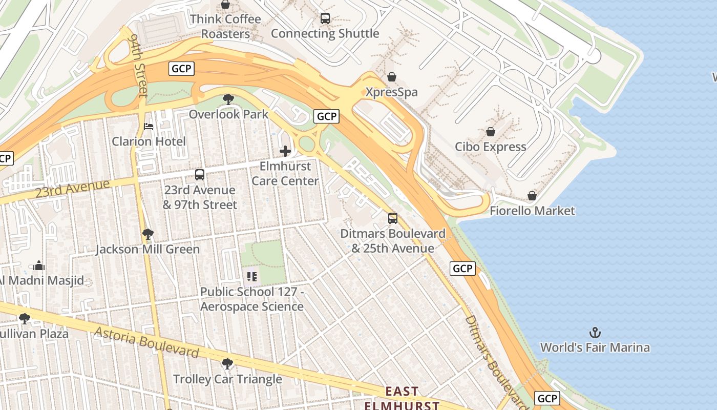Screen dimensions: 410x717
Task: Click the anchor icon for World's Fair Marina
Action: point(595,333)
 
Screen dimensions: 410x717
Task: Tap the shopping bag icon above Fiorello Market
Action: point(532,196)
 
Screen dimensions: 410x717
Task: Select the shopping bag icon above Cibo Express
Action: point(491,132)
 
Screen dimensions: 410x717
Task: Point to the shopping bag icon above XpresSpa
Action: point(392,77)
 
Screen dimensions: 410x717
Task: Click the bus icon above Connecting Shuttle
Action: point(325,18)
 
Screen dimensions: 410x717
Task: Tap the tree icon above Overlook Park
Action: point(228,99)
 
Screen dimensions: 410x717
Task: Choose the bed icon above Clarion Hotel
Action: point(149,126)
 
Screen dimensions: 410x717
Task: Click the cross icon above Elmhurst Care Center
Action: point(285,151)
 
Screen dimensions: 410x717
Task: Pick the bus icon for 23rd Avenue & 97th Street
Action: point(200,175)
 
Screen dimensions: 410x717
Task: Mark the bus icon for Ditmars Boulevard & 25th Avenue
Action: point(393,218)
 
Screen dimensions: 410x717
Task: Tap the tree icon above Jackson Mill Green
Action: point(148,234)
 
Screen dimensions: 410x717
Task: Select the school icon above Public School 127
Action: point(251,277)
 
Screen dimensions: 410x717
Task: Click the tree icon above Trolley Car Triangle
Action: point(227,364)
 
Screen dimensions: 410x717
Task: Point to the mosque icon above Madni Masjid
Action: point(39,265)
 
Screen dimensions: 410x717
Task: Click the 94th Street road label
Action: point(139,65)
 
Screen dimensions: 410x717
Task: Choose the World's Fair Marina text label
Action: point(595,347)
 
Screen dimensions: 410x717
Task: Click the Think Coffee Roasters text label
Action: point(225,27)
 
